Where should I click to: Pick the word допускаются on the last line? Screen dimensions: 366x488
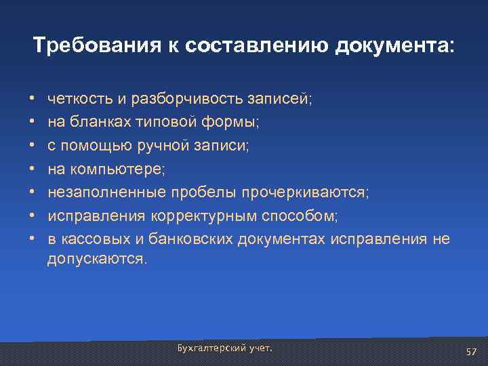96,260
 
